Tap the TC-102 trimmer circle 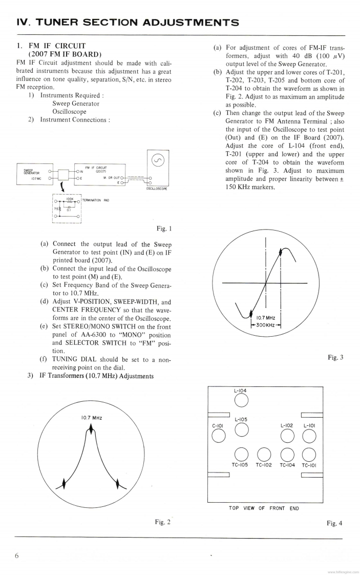coord(264,454)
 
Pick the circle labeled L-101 coord(308,435)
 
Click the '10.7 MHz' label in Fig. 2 coord(91,418)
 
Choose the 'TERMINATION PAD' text coord(96,199)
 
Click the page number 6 coord(17,556)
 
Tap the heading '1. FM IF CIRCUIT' coord(52,46)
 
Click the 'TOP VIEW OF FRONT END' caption coord(264,508)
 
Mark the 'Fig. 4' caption coord(334,523)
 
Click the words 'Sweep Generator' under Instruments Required coord(76,104)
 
